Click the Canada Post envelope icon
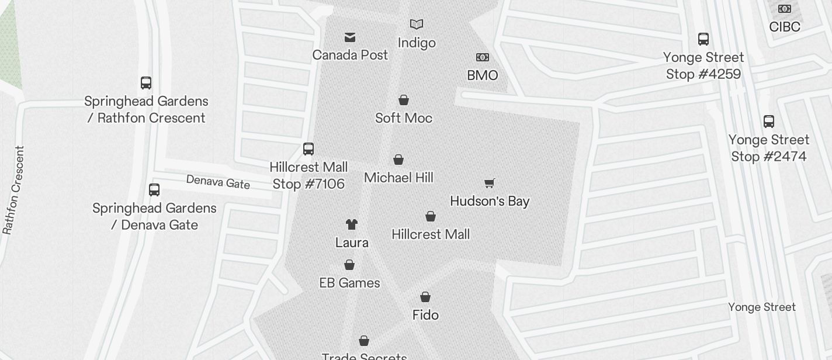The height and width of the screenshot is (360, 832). click(350, 37)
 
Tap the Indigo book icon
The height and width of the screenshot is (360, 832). click(417, 25)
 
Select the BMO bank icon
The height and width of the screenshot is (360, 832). click(483, 57)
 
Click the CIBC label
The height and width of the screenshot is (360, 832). click(785, 27)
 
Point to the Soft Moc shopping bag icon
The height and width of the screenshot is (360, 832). click(404, 100)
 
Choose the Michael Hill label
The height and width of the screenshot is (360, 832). click(398, 178)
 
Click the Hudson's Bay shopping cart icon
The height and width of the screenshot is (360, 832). click(490, 184)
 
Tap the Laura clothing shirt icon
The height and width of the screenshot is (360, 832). click(351, 224)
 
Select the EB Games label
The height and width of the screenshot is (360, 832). click(349, 283)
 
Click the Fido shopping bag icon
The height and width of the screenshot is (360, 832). click(425, 297)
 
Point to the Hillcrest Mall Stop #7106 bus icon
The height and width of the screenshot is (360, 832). click(308, 149)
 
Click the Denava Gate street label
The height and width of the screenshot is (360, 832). click(218, 182)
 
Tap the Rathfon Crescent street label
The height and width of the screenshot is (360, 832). click(14, 190)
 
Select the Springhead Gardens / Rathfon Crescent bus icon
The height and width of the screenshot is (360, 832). click(146, 83)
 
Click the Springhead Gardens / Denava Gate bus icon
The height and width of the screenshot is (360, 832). click(154, 190)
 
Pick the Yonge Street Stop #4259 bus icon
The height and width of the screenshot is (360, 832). click(703, 39)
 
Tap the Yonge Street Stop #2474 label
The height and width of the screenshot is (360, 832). click(769, 148)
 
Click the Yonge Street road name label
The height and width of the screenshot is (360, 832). click(762, 307)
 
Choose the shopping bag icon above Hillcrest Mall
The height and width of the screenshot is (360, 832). click(431, 217)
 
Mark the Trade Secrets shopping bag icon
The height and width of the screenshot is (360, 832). click(364, 341)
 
